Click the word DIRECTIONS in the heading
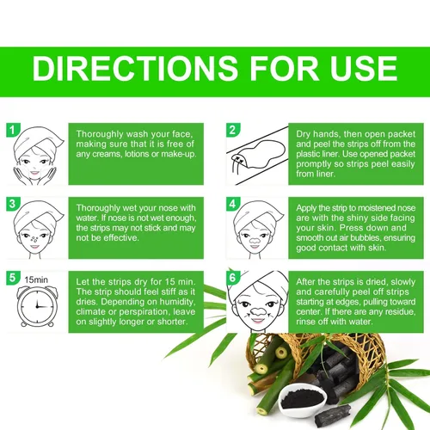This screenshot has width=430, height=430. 135,68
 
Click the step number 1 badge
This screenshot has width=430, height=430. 13,130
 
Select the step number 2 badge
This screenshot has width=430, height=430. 233,130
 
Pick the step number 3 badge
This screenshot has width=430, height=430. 13,204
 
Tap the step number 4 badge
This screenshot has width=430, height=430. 233,204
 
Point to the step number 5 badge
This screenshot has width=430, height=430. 13,278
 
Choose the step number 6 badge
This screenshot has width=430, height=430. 233,278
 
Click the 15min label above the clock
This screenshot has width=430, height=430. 36,279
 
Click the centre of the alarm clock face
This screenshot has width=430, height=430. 37,306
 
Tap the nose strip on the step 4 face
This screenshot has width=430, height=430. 255,239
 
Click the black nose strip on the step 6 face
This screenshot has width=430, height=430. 257,311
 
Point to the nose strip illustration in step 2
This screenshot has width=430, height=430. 259,154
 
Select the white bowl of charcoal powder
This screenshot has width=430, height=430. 303,399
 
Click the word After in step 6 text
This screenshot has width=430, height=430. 305,282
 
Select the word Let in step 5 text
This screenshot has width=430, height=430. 82,282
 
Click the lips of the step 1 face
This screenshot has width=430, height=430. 34,173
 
